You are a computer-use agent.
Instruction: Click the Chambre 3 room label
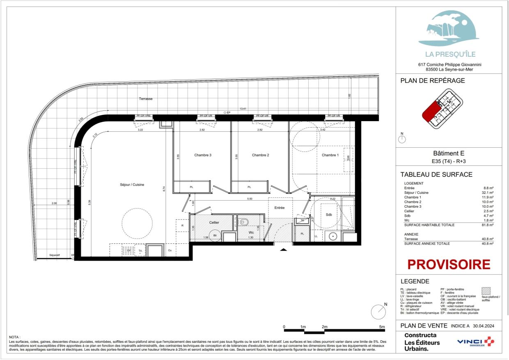203,155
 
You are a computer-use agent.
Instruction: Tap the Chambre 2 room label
260,155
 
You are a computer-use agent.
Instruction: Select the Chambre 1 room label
330,155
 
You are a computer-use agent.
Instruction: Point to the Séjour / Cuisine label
129,185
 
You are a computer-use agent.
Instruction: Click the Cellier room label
214,222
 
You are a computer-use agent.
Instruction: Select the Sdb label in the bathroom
329,215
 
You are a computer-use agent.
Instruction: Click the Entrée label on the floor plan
280,208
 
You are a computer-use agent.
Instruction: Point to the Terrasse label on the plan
145,99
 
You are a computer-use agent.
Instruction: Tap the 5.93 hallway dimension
249,199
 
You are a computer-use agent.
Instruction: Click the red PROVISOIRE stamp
449,264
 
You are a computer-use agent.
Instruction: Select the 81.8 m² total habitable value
488,225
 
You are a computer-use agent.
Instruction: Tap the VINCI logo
476,342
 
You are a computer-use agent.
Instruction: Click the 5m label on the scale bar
382,327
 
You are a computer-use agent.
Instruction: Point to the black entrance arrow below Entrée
283,249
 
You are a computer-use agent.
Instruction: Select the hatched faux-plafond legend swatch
486,292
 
